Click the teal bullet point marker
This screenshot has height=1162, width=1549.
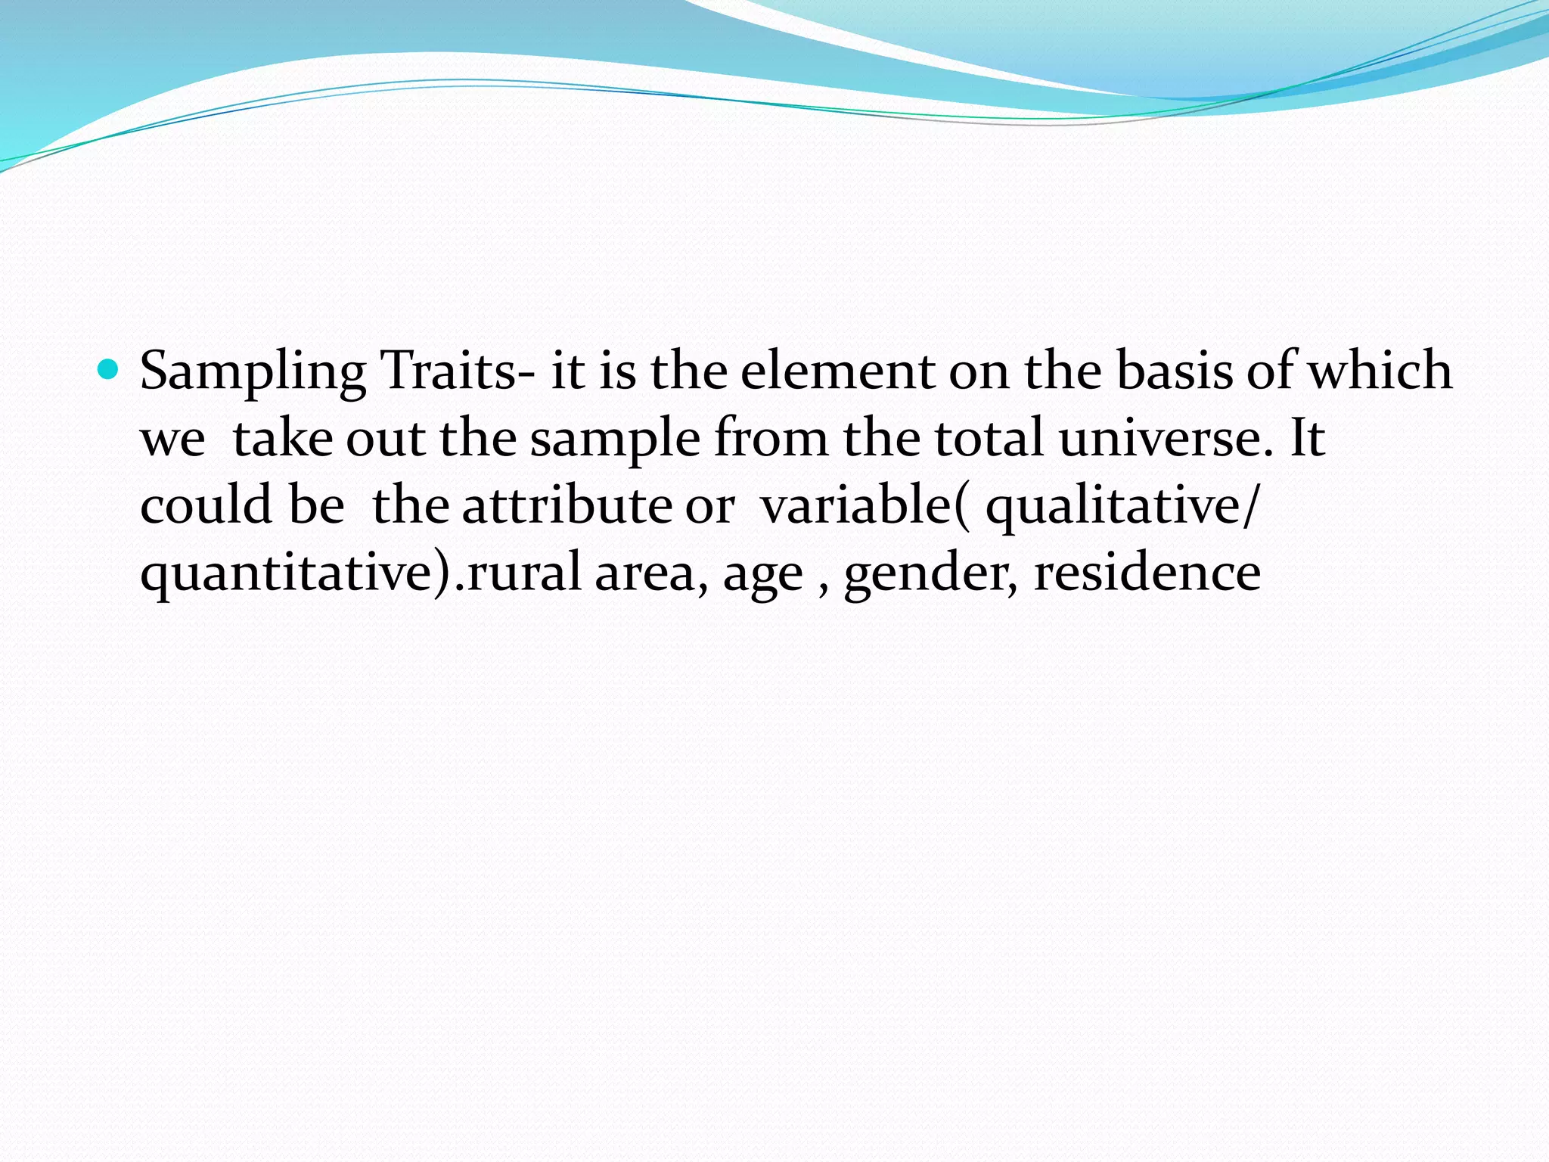click(109, 370)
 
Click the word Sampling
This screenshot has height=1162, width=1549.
click(253, 372)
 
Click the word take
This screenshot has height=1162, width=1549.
click(282, 438)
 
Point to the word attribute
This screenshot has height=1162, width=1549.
click(567, 505)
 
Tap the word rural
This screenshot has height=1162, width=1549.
click(522, 572)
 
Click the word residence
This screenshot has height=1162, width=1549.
click(1147, 572)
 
